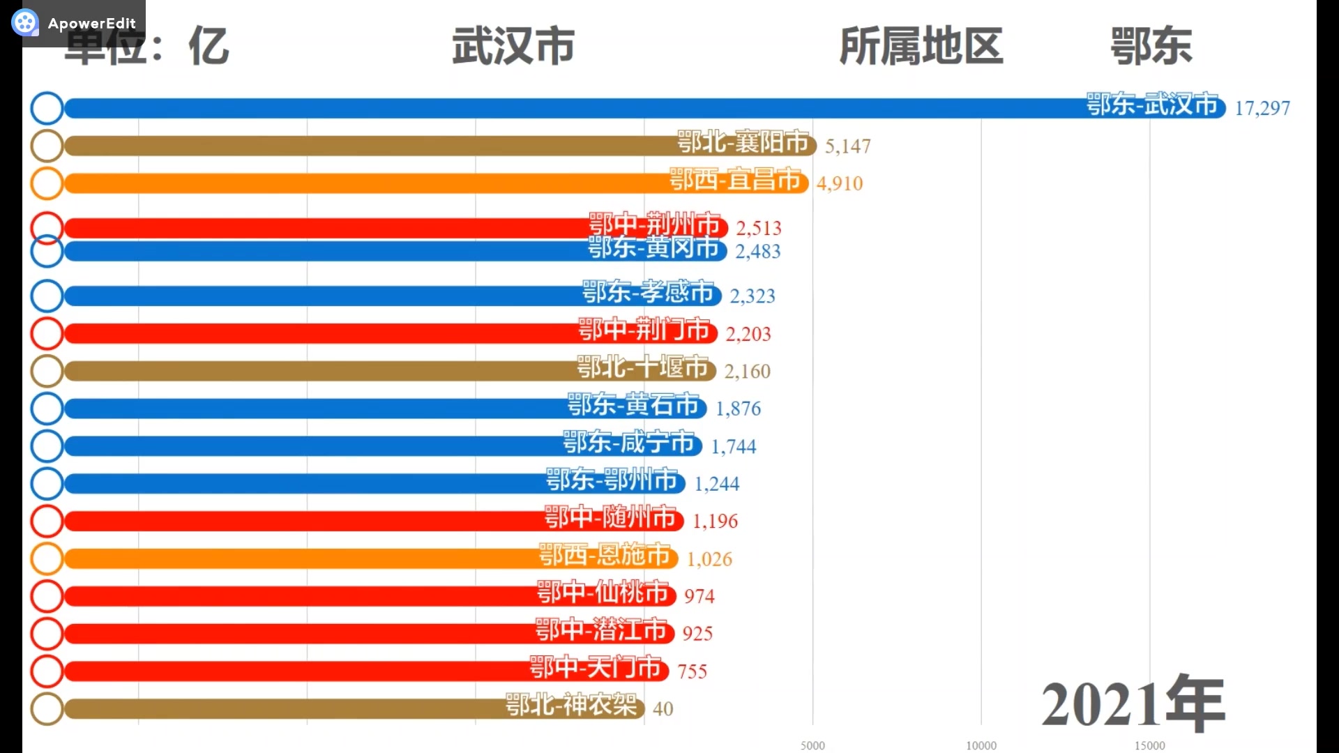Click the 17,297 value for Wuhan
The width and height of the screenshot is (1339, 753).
tap(1262, 108)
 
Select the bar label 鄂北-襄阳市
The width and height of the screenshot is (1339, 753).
tap(743, 142)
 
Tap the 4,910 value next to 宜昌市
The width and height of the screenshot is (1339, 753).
tap(839, 183)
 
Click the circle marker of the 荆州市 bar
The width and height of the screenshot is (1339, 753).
tap(47, 227)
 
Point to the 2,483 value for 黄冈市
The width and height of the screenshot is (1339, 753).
tap(757, 251)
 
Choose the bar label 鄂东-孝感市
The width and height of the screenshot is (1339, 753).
tap(648, 292)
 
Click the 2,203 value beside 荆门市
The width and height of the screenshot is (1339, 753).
tap(748, 334)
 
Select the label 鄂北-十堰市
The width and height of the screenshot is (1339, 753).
tap(642, 367)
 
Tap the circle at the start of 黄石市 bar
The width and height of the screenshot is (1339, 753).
tap(47, 409)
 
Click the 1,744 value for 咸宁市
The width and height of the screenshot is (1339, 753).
tap(733, 446)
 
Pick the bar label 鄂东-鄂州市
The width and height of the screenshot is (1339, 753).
tap(612, 480)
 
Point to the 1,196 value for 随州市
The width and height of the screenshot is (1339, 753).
tap(715, 521)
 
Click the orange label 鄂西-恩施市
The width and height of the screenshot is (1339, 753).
tap(605, 555)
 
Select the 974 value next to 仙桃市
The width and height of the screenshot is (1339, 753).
tap(699, 596)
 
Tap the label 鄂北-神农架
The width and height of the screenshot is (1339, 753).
tap(571, 706)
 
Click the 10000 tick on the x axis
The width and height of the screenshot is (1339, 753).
tap(981, 745)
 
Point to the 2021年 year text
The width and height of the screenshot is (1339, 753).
tap(1133, 703)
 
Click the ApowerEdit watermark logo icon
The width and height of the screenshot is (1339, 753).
tap(25, 23)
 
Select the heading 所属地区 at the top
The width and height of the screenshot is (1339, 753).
tap(921, 46)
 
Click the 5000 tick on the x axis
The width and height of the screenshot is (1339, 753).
tap(812, 745)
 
